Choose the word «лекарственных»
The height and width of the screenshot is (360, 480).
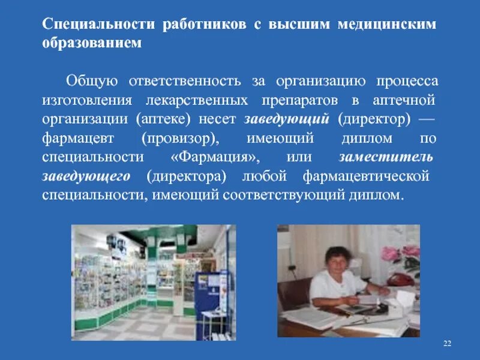pos(197,100)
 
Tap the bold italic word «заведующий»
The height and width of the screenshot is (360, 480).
pos(287,119)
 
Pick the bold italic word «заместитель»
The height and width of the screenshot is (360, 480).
pos(385,157)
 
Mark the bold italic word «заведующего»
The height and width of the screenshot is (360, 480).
pos(86,176)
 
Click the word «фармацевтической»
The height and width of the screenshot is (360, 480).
pos(366,176)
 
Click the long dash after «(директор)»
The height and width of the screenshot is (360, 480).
pos(425,119)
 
